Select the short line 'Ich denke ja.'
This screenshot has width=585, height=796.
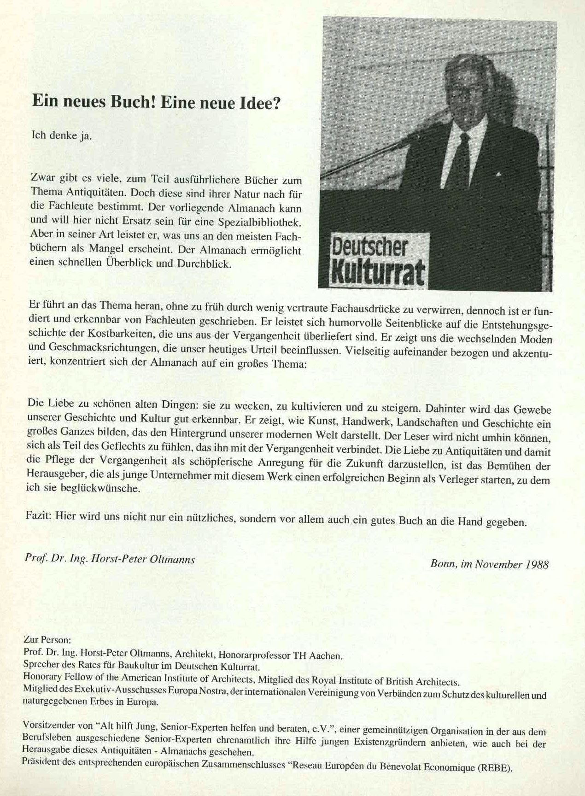61,136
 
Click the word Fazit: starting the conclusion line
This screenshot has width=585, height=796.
39,516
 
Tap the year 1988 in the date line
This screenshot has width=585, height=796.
537,564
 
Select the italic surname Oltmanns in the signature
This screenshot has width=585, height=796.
173,559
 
